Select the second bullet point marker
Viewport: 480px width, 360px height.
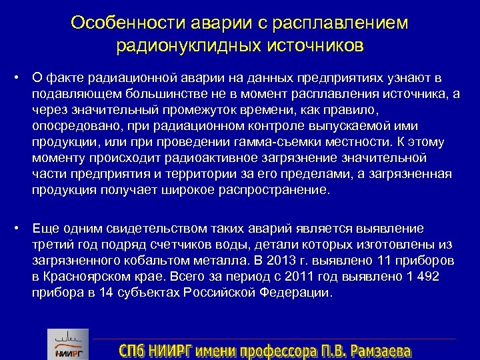tap(15, 227)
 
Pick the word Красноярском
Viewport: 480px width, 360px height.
tap(85, 277)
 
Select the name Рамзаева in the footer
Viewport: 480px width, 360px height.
tap(378, 349)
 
